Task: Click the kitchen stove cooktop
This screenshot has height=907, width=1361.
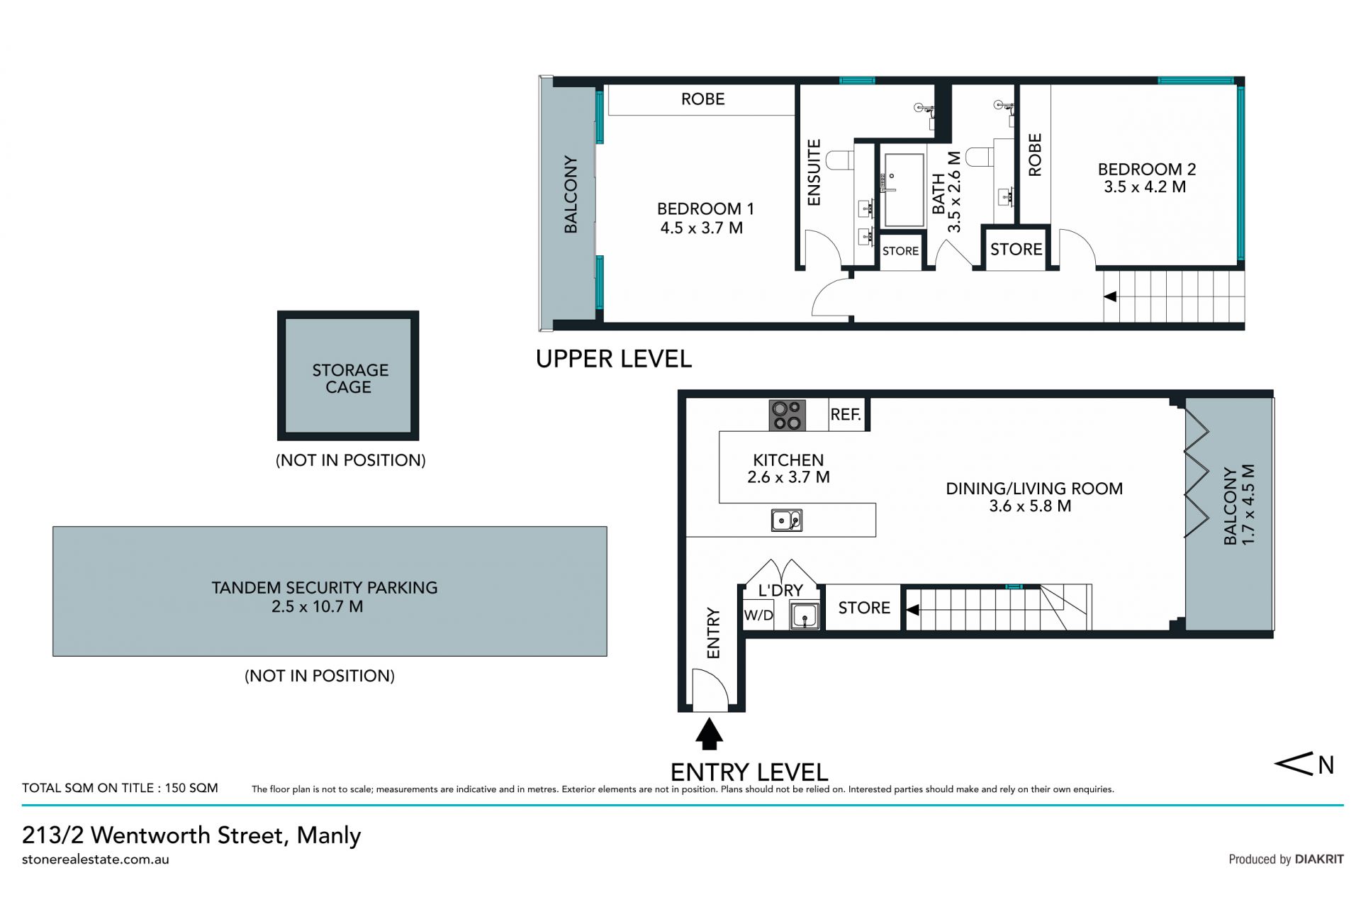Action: (788, 415)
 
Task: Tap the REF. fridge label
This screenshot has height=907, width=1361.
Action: (846, 414)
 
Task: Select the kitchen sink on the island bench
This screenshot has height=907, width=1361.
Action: (787, 521)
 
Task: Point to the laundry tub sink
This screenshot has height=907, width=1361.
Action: (805, 614)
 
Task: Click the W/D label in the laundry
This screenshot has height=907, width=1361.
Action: (758, 615)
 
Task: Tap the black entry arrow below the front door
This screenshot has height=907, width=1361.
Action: (709, 734)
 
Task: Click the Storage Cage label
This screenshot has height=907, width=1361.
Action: (349, 379)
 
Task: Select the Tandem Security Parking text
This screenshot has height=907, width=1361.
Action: (325, 588)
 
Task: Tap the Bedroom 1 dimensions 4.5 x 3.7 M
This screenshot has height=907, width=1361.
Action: (702, 228)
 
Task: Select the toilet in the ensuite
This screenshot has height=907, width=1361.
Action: (841, 160)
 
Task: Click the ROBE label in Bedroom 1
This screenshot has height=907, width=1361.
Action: (703, 99)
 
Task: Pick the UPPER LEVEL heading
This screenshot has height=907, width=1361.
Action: (614, 360)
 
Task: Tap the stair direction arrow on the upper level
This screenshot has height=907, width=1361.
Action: (1110, 296)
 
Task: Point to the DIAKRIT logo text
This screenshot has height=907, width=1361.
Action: (1319, 859)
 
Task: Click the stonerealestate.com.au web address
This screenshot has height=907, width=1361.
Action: (96, 859)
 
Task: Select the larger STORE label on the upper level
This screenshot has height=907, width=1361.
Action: (1016, 250)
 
